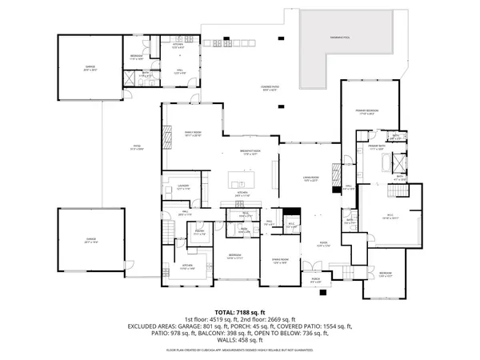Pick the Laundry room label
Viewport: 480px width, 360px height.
tap(182, 186)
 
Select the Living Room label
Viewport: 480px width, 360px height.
tap(310, 179)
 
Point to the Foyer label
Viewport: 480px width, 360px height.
tap(324, 246)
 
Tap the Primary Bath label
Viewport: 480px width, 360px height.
tap(378, 148)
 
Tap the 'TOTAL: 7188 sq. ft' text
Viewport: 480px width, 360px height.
tap(239, 312)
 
